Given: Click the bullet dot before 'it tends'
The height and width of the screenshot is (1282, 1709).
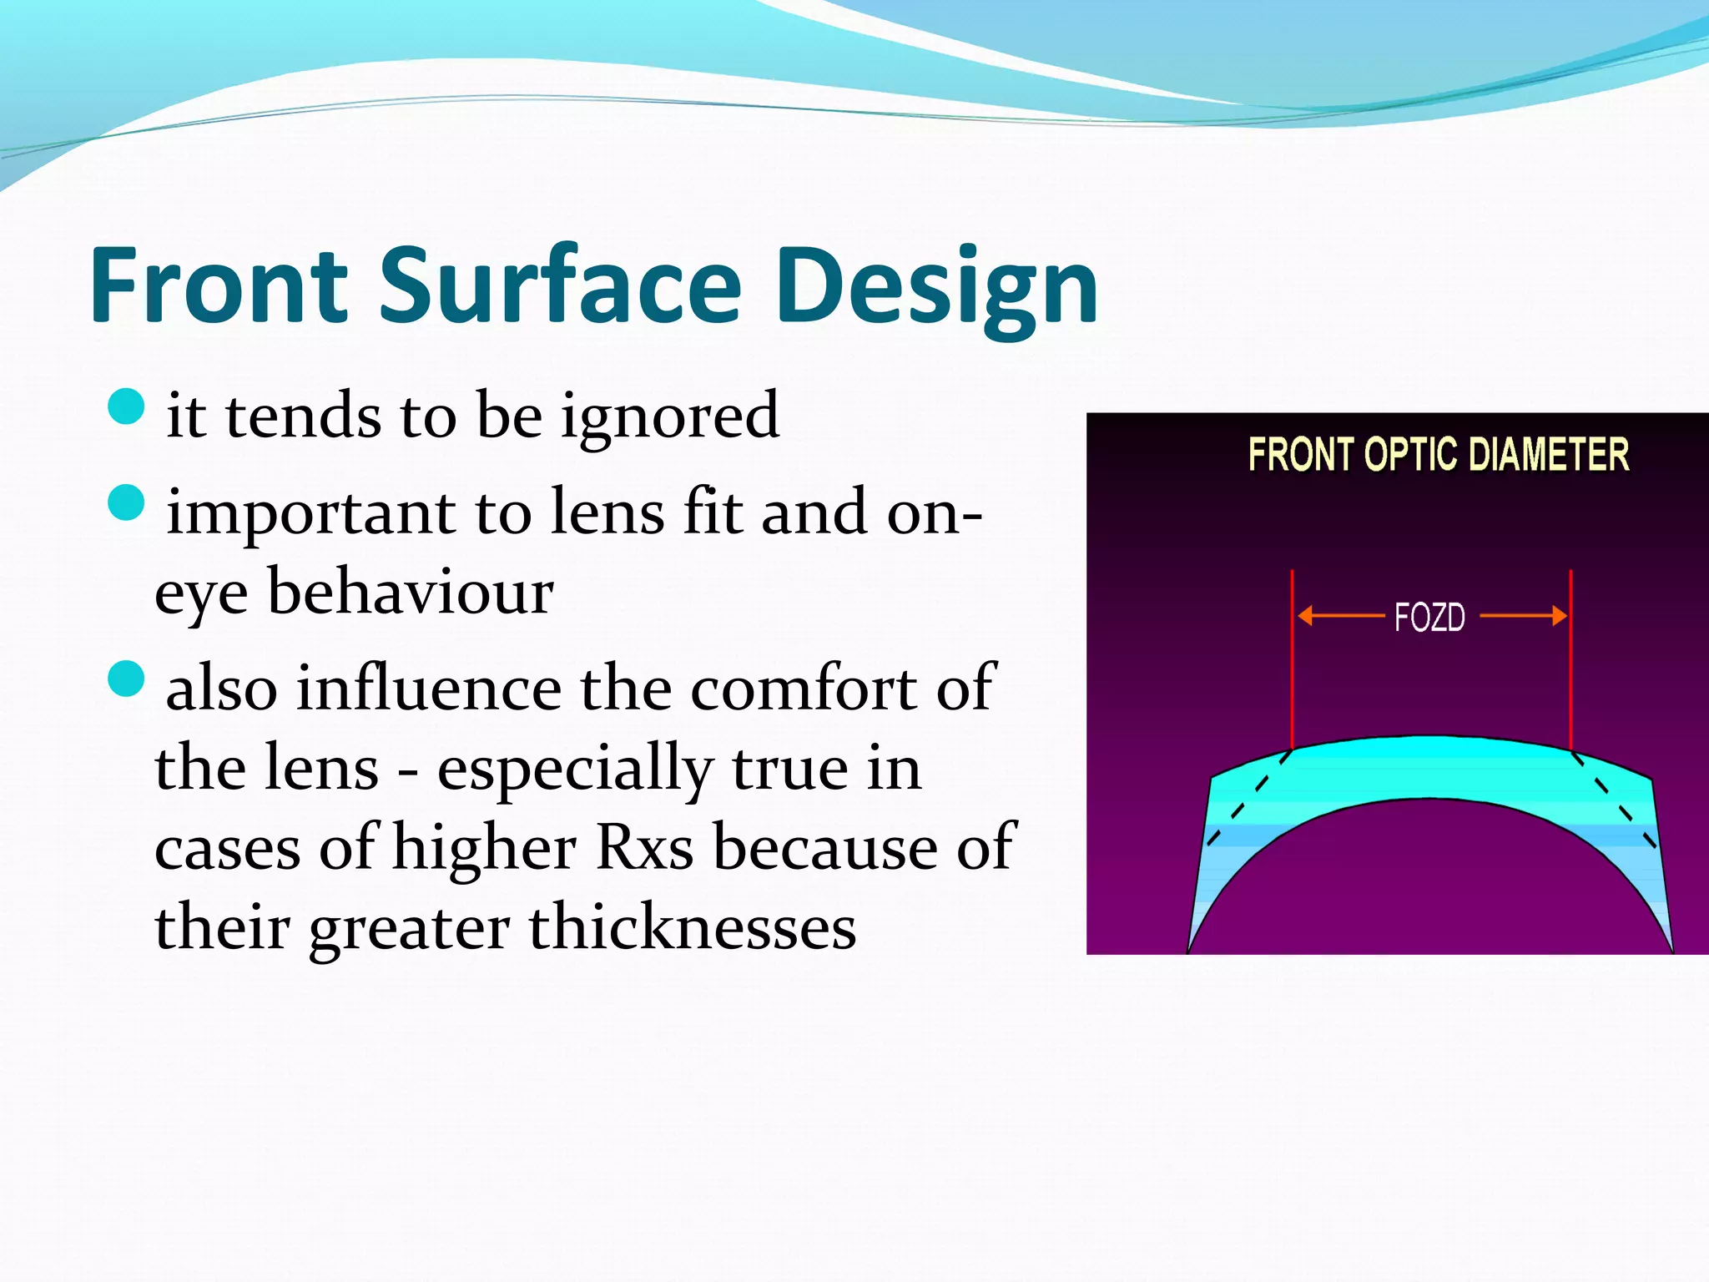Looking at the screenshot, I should (127, 406).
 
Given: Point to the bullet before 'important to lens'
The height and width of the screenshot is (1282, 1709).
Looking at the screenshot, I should (127, 502).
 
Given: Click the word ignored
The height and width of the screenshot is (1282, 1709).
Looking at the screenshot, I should (669, 417).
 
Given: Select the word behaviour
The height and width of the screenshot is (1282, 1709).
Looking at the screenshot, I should (410, 592).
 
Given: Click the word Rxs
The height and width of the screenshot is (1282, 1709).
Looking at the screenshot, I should (645, 848).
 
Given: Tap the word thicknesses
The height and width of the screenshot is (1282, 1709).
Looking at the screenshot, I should (692, 927).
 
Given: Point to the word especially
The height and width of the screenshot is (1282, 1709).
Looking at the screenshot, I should (575, 769).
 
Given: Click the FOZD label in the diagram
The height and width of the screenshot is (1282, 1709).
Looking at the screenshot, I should (1429, 618).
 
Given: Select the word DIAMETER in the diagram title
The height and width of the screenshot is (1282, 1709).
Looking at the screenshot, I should (1549, 455).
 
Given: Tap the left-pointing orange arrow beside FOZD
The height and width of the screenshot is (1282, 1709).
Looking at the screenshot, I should (1340, 617).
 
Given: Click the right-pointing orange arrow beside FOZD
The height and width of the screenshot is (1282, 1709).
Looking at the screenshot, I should (1524, 617).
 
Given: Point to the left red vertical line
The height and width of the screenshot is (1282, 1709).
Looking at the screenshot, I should (1292, 659).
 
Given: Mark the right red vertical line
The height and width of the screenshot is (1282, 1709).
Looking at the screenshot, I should (1570, 659).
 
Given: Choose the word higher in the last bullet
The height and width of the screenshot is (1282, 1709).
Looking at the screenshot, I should (484, 848).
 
